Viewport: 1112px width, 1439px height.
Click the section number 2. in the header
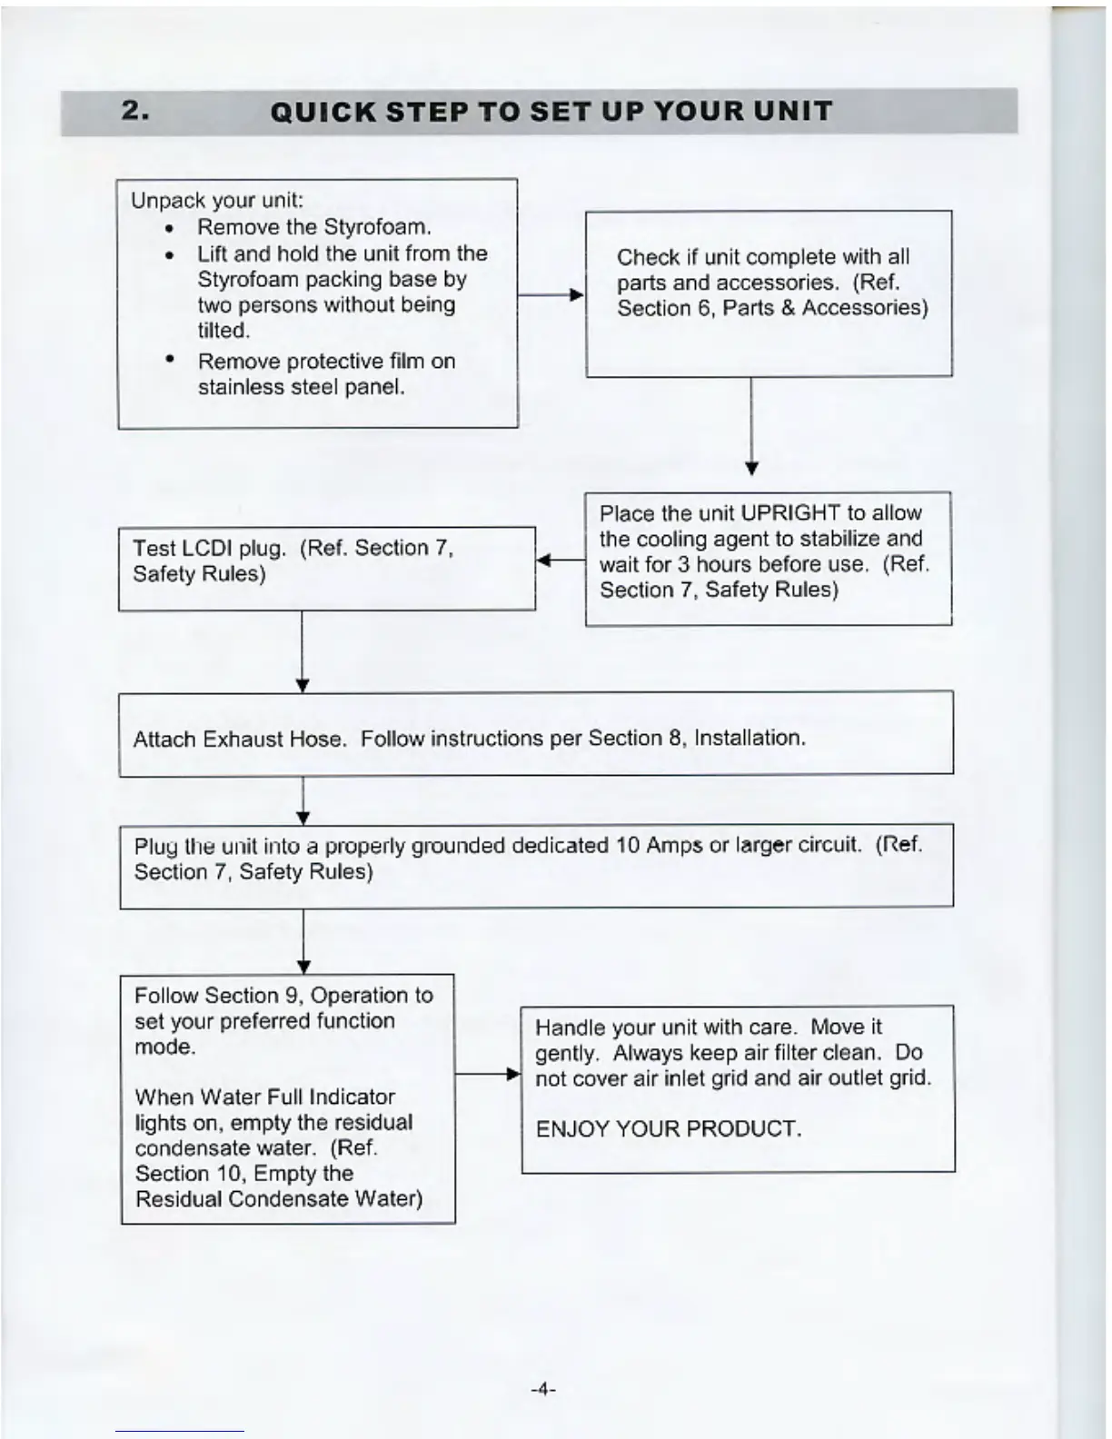[x=135, y=111]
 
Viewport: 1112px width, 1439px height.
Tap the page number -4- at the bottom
[x=542, y=1389]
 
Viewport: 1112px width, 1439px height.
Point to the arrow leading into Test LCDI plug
[x=560, y=561]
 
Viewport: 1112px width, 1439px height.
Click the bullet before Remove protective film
[x=170, y=360]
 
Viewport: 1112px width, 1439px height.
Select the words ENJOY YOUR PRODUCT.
[x=669, y=1129]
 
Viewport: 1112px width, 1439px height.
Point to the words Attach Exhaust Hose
[x=240, y=739]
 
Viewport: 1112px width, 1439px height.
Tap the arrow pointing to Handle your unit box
[x=488, y=1075]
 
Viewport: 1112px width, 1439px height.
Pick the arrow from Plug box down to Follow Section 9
[x=303, y=941]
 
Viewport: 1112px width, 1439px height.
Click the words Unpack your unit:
[x=217, y=200]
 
